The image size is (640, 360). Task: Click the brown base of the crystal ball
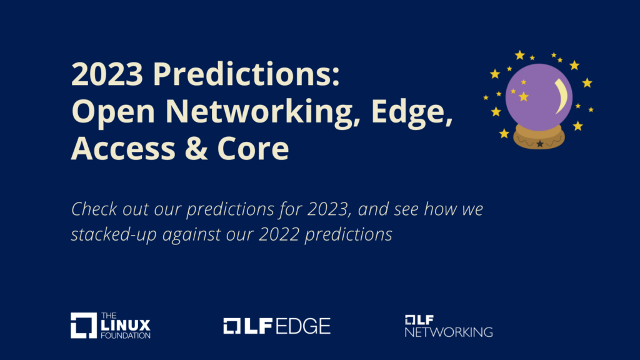(539, 138)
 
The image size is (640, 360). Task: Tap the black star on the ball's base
(539, 144)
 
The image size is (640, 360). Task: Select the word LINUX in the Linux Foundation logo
(126, 325)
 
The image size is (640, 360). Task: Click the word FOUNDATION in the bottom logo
(126, 336)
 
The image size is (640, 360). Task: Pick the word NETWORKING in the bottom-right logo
(448, 332)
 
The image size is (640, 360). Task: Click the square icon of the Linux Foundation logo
(82, 326)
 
